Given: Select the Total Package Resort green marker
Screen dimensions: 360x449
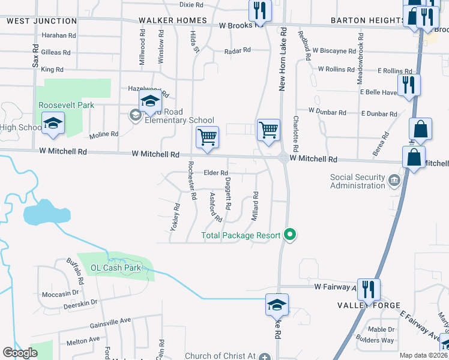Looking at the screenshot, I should pos(291,235).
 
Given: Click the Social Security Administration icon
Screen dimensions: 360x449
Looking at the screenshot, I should pos(395,180).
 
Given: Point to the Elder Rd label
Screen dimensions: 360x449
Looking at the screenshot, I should pos(216,173).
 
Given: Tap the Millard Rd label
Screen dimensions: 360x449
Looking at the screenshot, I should pos(255,206).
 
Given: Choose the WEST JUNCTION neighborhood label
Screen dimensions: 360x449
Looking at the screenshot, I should pos(42,20).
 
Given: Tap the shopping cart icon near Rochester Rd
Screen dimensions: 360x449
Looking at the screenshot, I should pos(207,137).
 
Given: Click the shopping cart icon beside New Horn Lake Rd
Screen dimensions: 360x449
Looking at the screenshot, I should pos(268,128).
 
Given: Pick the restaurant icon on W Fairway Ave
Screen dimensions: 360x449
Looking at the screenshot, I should pos(368,289).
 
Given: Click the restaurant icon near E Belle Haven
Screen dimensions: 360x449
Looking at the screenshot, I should pos(408,84).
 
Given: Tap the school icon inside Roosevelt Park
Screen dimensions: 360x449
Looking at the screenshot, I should pos(53,124).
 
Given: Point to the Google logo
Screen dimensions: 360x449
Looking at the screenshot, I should pos(20,353).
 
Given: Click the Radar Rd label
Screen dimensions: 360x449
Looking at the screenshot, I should pos(237,51).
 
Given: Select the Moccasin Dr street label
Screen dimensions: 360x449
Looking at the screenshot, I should pos(61,294).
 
